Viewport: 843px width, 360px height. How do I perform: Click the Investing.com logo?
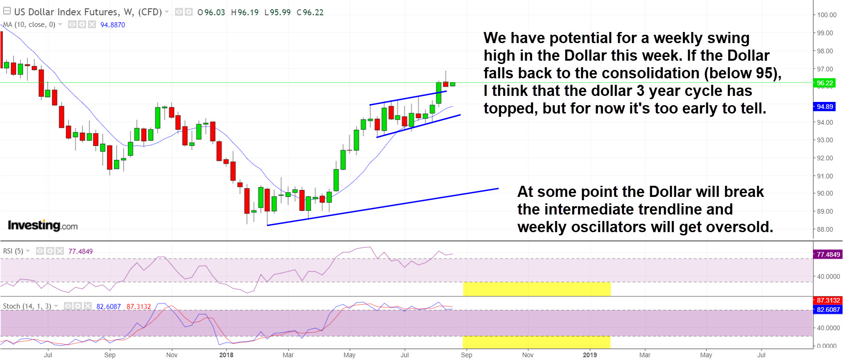click(x=43, y=226)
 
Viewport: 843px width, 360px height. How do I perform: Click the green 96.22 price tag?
click(x=825, y=83)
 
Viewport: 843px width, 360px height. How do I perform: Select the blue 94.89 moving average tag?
click(x=825, y=107)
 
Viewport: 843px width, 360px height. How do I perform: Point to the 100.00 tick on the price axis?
click(x=826, y=15)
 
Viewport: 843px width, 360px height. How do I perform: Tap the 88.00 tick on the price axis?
click(x=825, y=229)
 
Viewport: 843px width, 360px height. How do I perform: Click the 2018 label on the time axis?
click(x=226, y=355)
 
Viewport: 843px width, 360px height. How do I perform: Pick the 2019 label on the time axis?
click(x=590, y=355)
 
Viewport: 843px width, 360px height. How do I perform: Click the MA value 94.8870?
click(x=113, y=25)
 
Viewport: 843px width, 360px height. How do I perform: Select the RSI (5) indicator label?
click(x=13, y=251)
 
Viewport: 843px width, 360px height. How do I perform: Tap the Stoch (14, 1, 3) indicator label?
click(x=27, y=306)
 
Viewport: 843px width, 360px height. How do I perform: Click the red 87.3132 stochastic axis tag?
click(x=828, y=301)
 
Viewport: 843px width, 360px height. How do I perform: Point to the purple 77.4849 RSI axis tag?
click(x=828, y=254)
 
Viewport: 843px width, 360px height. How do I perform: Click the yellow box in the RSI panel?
click(x=537, y=289)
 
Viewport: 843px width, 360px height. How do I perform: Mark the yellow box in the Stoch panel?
click(x=536, y=342)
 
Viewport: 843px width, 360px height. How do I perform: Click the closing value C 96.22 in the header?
click(x=310, y=13)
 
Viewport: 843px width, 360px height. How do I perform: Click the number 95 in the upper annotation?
click(x=765, y=73)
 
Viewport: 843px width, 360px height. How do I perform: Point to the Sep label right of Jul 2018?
click(x=466, y=355)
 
